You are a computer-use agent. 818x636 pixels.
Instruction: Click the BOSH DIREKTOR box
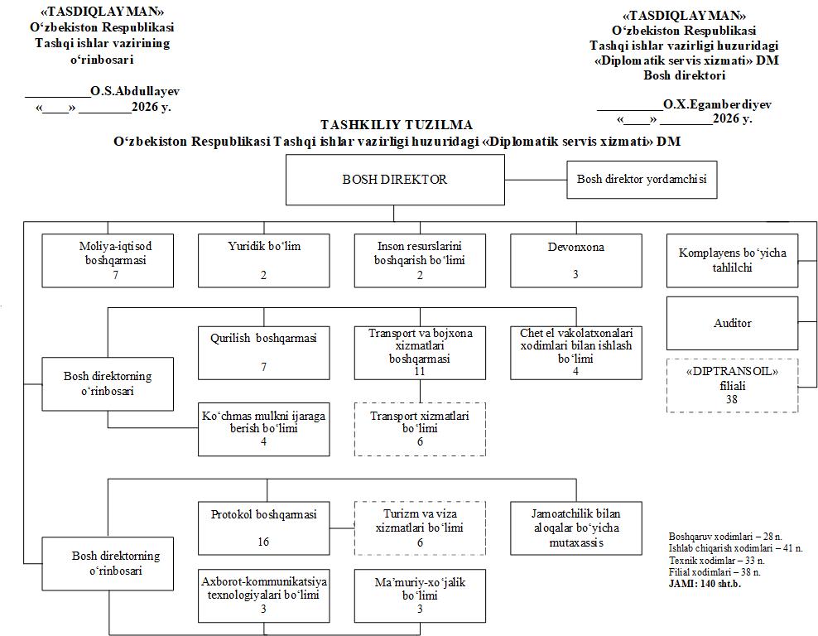[x=395, y=180]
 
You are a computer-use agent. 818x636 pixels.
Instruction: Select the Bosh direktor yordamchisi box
[x=642, y=180]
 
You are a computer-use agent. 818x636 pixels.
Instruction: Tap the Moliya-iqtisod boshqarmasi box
[x=108, y=260]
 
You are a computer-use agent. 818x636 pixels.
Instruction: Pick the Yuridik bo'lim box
[x=263, y=260]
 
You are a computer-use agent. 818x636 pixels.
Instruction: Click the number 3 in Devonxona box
[x=575, y=274]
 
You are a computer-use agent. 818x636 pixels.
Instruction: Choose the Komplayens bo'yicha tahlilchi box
[x=732, y=260]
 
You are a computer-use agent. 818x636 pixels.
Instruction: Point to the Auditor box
[x=732, y=323]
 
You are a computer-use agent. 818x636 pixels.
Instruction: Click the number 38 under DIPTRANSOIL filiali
[x=732, y=399]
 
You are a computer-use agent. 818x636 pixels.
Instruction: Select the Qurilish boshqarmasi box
[x=263, y=353]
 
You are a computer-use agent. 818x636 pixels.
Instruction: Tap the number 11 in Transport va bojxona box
[x=420, y=371]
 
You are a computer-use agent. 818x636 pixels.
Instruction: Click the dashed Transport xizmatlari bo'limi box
[x=420, y=429]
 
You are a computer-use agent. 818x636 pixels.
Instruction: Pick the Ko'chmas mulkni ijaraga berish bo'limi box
[x=263, y=429]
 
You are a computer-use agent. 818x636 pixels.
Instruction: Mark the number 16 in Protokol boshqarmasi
[x=263, y=542]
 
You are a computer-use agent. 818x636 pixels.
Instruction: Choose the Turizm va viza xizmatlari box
[x=420, y=528]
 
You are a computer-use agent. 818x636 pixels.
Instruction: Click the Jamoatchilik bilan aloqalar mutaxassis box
[x=576, y=528]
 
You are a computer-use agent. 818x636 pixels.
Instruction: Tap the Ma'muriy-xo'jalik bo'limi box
[x=420, y=595]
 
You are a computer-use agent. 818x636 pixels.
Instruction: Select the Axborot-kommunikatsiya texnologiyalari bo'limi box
[x=263, y=595]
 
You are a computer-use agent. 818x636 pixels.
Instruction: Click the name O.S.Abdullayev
[x=135, y=91]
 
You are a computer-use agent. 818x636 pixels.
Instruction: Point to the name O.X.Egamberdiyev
[x=717, y=104]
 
